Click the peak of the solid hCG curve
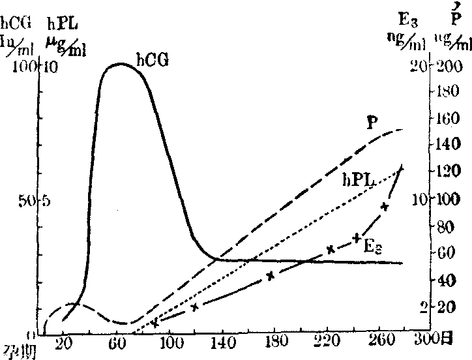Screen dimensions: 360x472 point(121,64)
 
